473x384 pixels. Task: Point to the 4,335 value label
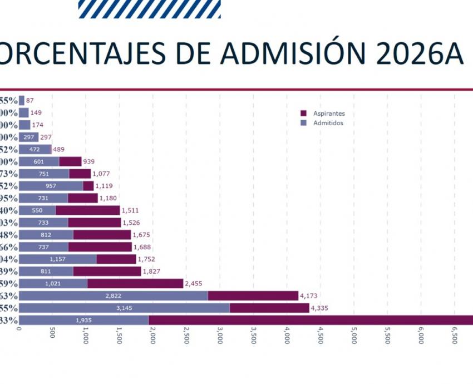[320, 308]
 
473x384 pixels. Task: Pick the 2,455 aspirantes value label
[194, 284]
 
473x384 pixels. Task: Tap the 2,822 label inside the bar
[113, 296]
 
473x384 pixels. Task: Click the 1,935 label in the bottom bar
[83, 321]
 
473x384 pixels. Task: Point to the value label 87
[30, 101]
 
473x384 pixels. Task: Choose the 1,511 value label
[130, 210]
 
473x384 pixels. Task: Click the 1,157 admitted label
[57, 259]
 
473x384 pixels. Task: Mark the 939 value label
[88, 161]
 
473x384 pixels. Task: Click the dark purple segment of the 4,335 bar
[269, 308]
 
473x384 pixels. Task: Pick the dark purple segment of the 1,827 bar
[107, 272]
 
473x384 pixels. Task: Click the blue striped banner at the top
[150, 9]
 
